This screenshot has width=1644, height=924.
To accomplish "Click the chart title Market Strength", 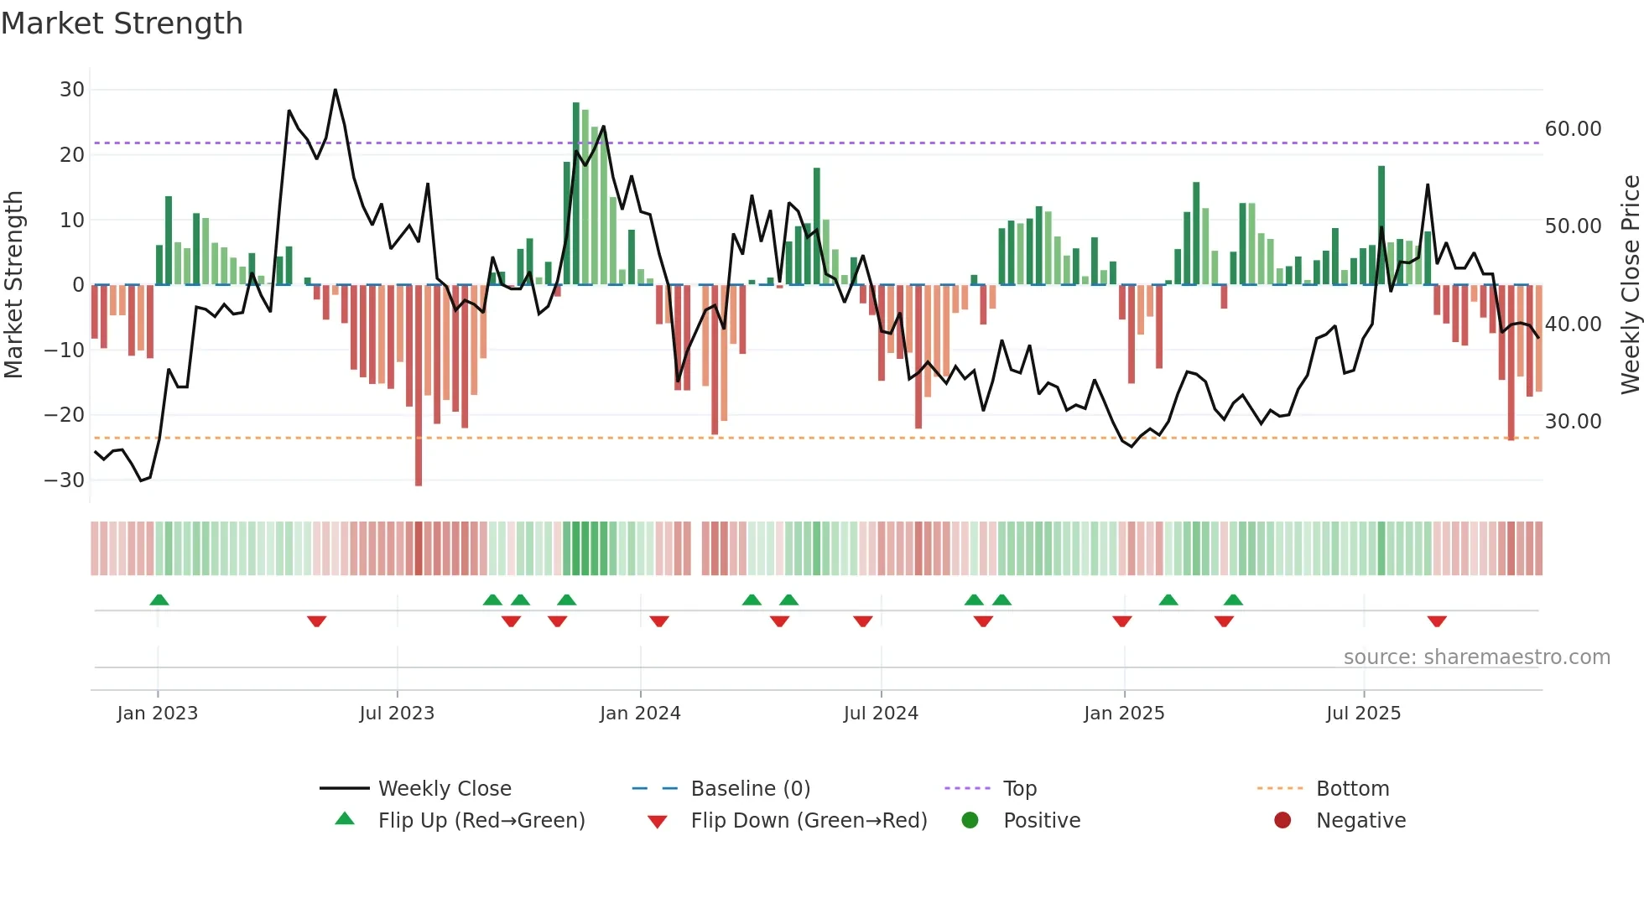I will [122, 23].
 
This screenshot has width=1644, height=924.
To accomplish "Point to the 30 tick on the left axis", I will [72, 90].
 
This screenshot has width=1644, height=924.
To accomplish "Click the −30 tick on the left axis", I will [65, 480].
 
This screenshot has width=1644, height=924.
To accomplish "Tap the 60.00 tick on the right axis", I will [1573, 129].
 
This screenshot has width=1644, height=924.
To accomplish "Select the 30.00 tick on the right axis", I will [1573, 422].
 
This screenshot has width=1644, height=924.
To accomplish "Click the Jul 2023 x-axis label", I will [397, 714].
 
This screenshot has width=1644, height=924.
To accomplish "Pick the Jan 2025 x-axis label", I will [1123, 714].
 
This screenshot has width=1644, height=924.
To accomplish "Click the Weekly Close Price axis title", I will [1630, 285].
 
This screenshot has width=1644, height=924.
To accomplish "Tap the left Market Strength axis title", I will [14, 285].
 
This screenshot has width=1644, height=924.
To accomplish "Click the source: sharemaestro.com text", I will [1476, 657].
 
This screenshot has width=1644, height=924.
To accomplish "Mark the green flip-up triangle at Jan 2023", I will [159, 600].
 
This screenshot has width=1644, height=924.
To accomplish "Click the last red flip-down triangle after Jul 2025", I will [1436, 621].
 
